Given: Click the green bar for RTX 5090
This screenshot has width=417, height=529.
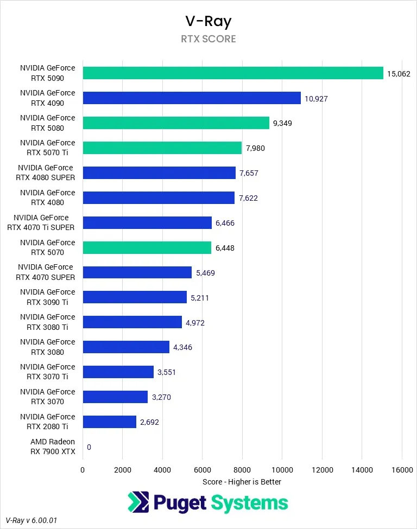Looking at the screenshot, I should (233, 73).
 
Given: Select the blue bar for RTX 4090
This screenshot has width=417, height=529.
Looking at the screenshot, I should (192, 98).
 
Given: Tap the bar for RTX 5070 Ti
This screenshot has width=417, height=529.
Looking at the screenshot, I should (162, 148).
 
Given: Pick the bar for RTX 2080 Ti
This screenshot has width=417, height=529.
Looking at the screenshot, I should (110, 422).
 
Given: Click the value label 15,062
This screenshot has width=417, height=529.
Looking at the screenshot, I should (399, 73).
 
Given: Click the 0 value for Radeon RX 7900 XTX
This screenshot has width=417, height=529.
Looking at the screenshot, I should (89, 447).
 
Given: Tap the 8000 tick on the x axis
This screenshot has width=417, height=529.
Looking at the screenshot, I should (242, 470).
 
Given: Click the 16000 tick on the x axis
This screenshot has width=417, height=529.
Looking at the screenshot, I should (401, 470).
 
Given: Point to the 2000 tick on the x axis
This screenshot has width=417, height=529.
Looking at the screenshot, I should (122, 470).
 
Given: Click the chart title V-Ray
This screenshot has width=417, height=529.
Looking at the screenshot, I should (208, 21).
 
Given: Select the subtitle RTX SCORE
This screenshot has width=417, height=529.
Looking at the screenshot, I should (208, 39).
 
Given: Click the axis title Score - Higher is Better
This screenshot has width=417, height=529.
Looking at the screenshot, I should (242, 481).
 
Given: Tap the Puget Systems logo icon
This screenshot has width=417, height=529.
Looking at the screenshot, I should (138, 502).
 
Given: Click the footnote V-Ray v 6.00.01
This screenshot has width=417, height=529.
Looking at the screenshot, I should (31, 520).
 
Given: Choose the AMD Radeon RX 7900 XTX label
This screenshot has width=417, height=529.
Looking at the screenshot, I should (53, 447).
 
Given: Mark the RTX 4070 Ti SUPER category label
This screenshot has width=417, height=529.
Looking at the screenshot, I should (41, 222).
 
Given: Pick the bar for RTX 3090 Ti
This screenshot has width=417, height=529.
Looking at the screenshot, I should (135, 297).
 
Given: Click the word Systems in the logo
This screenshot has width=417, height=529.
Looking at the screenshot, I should (249, 503).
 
